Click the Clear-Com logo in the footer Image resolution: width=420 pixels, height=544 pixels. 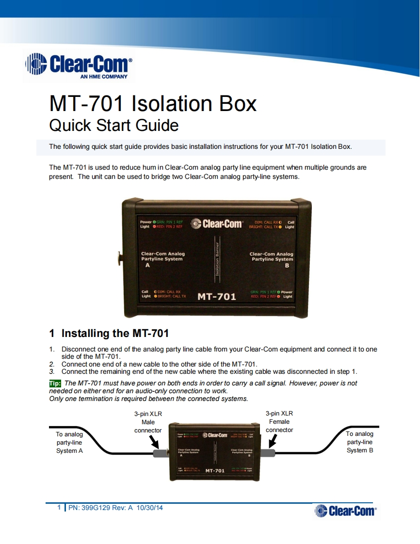345,511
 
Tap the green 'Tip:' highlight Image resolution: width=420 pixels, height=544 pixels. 55,384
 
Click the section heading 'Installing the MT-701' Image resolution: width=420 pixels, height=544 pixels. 115,334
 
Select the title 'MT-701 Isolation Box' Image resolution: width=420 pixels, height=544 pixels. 153,104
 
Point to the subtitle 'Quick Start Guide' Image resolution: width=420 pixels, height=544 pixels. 114,126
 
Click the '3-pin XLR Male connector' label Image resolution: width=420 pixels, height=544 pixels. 148,422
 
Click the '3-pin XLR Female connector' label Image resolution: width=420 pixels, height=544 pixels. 279,422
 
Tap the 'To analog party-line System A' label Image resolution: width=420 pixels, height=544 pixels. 69,442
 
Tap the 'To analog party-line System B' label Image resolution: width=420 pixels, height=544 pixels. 359,442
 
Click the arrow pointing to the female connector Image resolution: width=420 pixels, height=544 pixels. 272,441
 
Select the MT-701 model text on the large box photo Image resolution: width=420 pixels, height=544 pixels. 217,297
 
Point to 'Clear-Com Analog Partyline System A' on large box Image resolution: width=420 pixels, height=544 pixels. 163,259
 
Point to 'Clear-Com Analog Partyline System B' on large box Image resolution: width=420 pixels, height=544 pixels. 271,259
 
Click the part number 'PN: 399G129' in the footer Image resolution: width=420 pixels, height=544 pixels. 90,508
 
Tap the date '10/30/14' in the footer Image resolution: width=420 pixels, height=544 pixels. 150,508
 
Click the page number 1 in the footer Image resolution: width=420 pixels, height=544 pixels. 59,508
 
